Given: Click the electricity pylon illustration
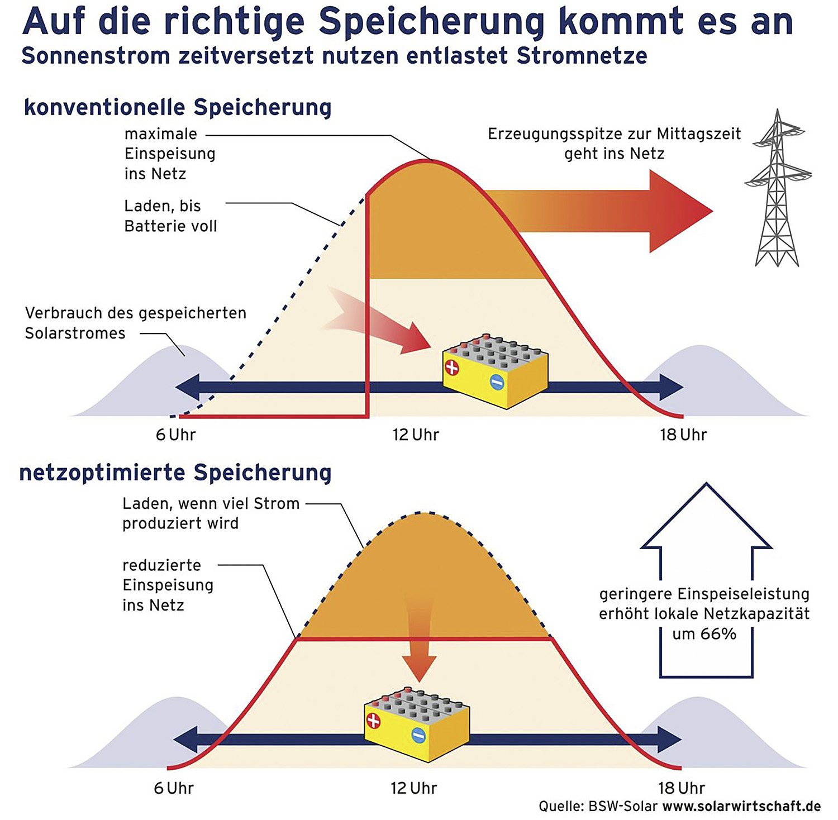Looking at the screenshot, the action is pyautogui.click(x=777, y=190).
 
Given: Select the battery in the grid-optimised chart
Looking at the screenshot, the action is pyautogui.click(x=417, y=724).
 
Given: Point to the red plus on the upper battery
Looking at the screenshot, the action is pyautogui.click(x=451, y=368).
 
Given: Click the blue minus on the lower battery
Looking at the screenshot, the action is pyautogui.click(x=418, y=736).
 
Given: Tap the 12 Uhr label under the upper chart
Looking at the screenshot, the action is pyautogui.click(x=416, y=435).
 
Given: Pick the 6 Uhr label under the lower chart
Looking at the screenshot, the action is pyautogui.click(x=174, y=788).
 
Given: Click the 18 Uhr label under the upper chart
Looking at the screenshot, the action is pyautogui.click(x=683, y=435).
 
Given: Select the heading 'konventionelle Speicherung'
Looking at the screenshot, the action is pyautogui.click(x=178, y=107).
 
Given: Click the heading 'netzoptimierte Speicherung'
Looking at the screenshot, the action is pyautogui.click(x=175, y=473).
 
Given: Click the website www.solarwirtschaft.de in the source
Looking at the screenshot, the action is pyautogui.click(x=741, y=806).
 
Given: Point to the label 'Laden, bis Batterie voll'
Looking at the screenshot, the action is pyautogui.click(x=170, y=216).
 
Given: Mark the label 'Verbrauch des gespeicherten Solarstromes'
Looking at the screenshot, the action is pyautogui.click(x=136, y=323).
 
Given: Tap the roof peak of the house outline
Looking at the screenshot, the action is pyautogui.click(x=707, y=483).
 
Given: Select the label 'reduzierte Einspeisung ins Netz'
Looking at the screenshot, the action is pyautogui.click(x=168, y=585).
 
